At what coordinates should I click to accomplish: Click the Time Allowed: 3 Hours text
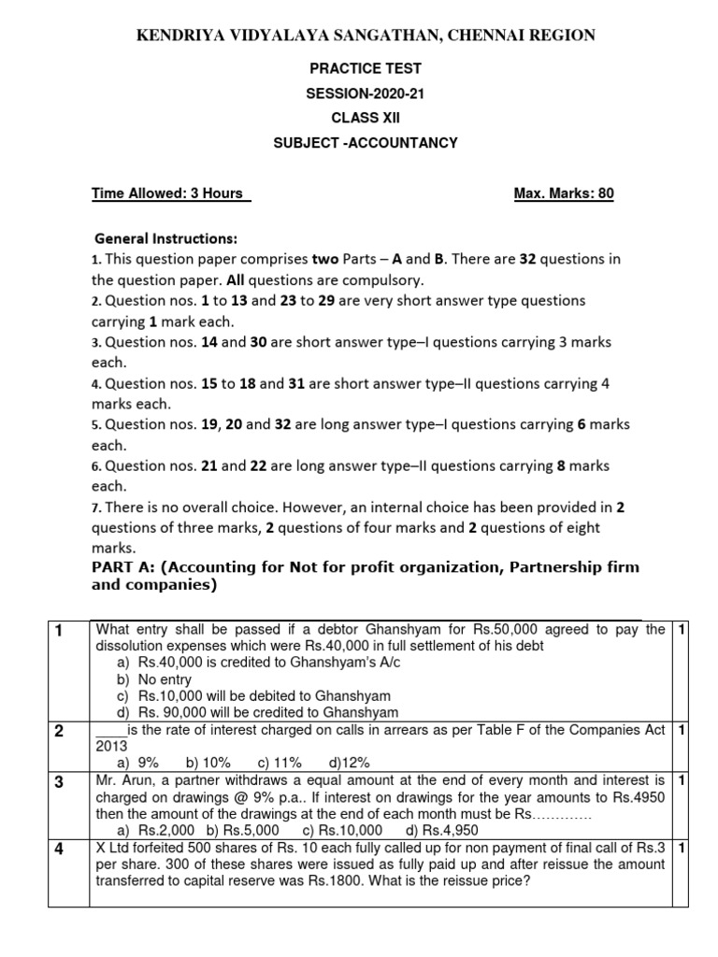coord(171,193)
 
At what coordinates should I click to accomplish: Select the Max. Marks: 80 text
coord(564,193)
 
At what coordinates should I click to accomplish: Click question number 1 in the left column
coord(57,631)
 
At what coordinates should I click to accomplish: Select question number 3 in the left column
coord(57,782)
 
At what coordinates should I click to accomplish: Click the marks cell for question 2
coord(682,730)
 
